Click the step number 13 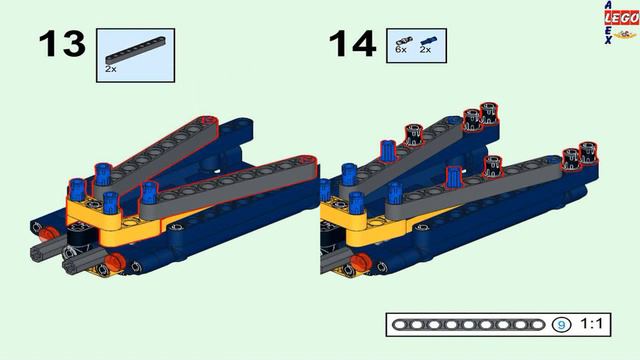[x=62, y=43]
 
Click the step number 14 [x=352, y=43]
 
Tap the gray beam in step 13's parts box [x=136, y=50]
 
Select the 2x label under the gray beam [x=111, y=69]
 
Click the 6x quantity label [x=401, y=49]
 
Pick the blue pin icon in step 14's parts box [x=428, y=40]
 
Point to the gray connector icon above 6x [x=404, y=40]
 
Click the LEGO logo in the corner [x=621, y=18]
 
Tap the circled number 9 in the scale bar [x=562, y=325]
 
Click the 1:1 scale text [x=591, y=324]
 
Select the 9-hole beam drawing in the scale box [x=468, y=325]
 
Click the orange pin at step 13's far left [x=47, y=234]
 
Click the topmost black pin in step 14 [x=489, y=113]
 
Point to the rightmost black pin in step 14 [x=588, y=152]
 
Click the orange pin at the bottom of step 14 [x=361, y=262]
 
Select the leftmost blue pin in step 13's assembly [x=76, y=191]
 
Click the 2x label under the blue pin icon [x=425, y=49]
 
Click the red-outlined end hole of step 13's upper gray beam [x=209, y=120]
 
